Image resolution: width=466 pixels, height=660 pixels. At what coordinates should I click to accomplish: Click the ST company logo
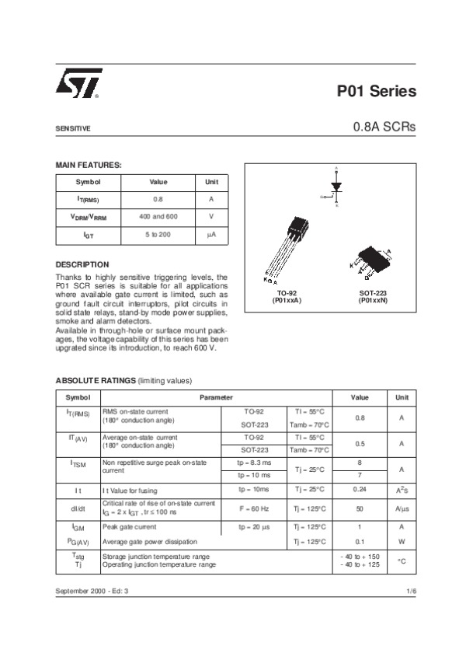pyautogui.click(x=78, y=85)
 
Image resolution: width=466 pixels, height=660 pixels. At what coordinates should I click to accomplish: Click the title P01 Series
pyautogui.click(x=376, y=91)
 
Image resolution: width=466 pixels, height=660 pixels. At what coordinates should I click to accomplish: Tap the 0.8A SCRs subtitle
pyautogui.click(x=384, y=127)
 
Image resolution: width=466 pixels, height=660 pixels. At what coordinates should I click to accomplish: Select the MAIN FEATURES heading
pyautogui.click(x=89, y=165)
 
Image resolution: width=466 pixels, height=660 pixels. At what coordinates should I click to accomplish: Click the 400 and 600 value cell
pyautogui.click(x=158, y=216)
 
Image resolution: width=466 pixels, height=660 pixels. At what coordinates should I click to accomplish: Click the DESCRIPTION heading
pyautogui.click(x=82, y=264)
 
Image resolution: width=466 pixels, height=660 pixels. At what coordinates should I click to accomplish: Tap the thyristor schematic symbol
pyautogui.click(x=336, y=187)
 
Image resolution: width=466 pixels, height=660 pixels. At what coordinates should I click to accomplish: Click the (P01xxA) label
pyautogui.click(x=287, y=300)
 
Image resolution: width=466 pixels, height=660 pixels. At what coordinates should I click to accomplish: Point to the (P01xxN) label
pyautogui.click(x=373, y=300)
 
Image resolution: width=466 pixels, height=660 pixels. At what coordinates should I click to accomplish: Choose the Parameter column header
pyautogui.click(x=216, y=397)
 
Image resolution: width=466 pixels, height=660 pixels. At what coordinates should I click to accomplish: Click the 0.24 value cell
pyautogui.click(x=360, y=489)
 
